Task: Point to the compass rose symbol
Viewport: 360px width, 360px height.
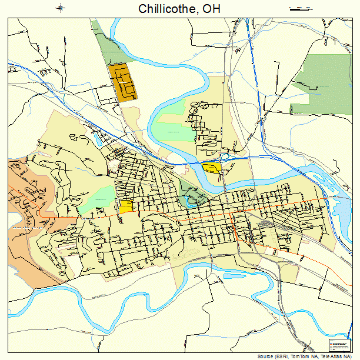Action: click(x=61, y=8)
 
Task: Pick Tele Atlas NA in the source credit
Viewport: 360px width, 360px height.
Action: click(x=334, y=356)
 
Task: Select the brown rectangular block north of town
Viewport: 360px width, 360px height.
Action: click(x=122, y=82)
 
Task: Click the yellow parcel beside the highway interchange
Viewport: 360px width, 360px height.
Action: click(x=212, y=168)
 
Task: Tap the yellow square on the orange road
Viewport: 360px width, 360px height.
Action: click(x=126, y=206)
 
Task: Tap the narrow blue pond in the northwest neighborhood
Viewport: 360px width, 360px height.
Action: click(x=96, y=139)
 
